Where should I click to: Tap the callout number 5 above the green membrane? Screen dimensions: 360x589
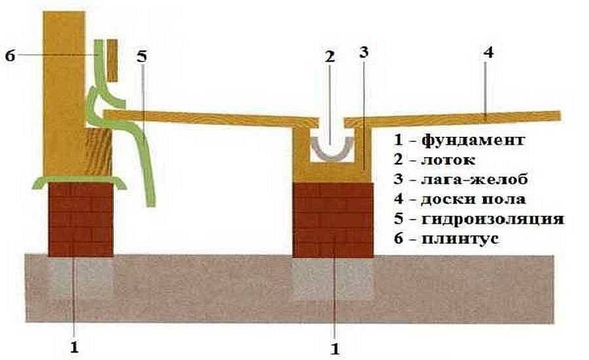click(142, 56)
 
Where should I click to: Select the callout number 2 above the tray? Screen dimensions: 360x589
click(329, 58)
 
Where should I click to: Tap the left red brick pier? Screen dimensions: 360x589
click(82, 219)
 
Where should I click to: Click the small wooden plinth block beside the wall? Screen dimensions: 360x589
click(111, 59)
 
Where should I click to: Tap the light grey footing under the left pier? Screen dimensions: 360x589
click(82, 275)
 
